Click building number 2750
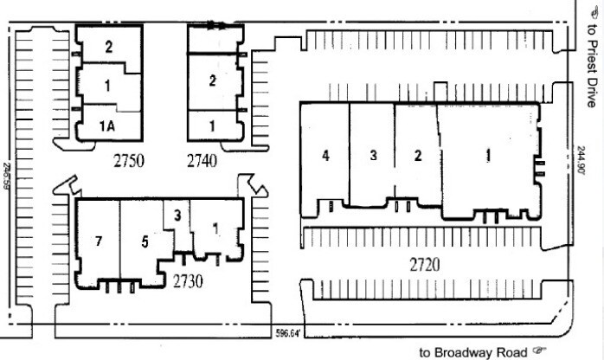point(128,160)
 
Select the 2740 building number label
point(202,160)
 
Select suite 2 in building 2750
point(109,48)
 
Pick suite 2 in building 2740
point(212,81)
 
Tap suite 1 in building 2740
point(212,126)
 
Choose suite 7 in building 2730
point(99,241)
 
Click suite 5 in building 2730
point(145,241)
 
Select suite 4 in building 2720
point(325,156)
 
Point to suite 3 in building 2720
point(373,156)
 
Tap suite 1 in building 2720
point(488,156)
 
